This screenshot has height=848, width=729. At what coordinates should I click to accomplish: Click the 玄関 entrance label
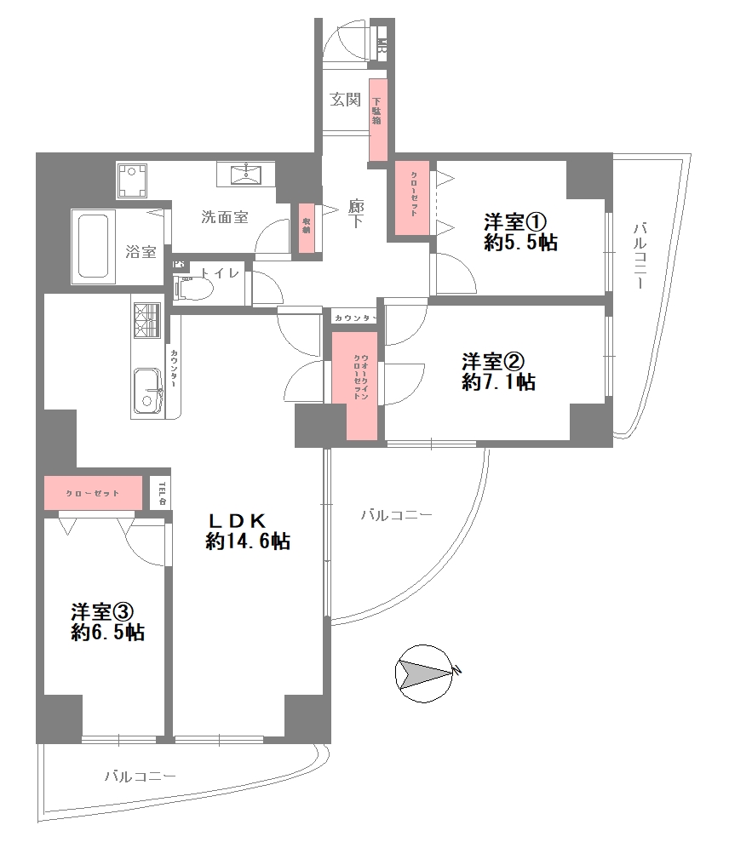(x=346, y=100)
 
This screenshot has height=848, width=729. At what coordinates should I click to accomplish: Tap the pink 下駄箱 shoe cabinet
(x=377, y=119)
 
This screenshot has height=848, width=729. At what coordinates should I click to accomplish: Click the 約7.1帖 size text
(x=498, y=382)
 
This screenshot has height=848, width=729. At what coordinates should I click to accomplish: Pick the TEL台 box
(x=159, y=491)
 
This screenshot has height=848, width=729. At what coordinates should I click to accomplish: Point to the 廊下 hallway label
(x=356, y=213)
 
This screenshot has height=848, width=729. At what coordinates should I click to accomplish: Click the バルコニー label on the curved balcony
(x=396, y=515)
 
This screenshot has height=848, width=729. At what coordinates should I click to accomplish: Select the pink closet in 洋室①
(x=413, y=198)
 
